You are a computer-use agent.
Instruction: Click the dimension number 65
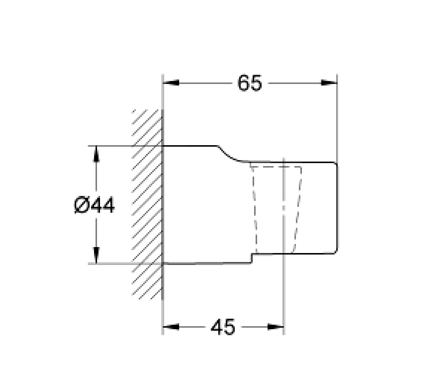[x=250, y=83]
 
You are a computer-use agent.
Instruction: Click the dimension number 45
[x=223, y=327]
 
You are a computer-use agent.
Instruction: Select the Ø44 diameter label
[x=94, y=205]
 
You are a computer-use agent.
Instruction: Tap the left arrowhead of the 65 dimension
[x=171, y=82]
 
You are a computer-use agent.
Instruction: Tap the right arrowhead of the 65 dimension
[x=329, y=82]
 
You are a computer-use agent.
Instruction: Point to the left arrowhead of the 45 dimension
[x=171, y=327]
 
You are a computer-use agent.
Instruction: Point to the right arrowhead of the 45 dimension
[x=275, y=327]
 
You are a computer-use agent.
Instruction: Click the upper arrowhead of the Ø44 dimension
[x=96, y=154]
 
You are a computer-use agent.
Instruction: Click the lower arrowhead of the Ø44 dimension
[x=96, y=255]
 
